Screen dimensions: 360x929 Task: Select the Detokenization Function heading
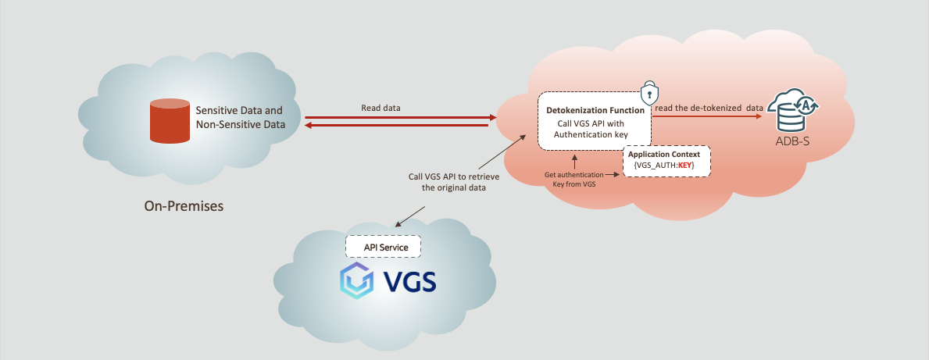[x=595, y=110]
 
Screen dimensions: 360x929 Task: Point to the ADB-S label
[x=791, y=141]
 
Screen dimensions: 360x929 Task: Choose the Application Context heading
[x=663, y=155]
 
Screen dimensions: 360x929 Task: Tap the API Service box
[x=383, y=247]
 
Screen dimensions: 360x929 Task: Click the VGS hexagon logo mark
[x=356, y=280]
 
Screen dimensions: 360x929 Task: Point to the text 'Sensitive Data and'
[x=239, y=111]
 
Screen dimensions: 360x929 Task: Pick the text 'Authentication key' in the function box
[x=591, y=135]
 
